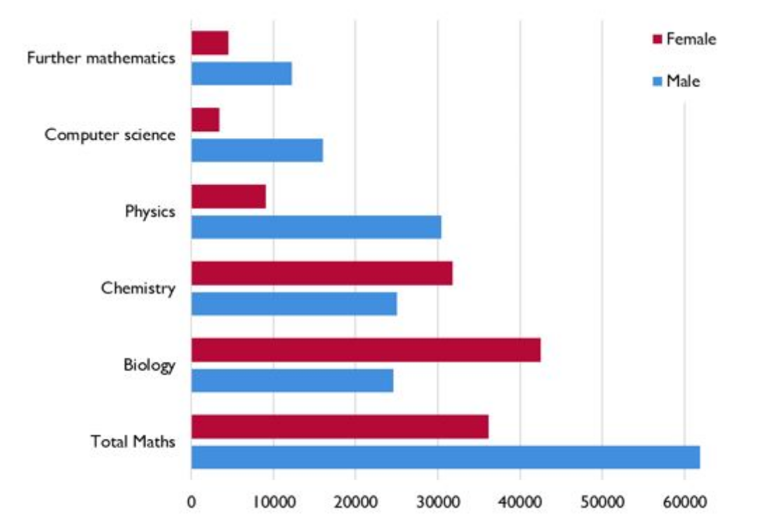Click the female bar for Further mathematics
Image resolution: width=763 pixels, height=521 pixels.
[210, 43]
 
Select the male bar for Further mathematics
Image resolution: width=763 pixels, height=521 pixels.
[241, 74]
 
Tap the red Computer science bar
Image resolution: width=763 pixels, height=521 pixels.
[205, 120]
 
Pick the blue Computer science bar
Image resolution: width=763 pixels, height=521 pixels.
[257, 150]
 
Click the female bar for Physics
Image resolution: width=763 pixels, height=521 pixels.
[228, 196]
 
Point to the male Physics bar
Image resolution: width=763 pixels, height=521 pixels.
[316, 226]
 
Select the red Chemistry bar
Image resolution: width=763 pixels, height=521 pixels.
[321, 273]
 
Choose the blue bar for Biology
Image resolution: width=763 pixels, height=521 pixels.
[292, 380]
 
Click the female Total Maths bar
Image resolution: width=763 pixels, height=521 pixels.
[340, 426]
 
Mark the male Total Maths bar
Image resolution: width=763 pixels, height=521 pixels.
[445, 456]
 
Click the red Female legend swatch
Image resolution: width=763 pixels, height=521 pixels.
[658, 39]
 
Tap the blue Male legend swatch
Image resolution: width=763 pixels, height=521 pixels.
[658, 81]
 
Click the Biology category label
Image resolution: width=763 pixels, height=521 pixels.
[149, 365]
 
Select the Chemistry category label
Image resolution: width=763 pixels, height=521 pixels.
[138, 288]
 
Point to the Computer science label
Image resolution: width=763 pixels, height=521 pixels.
[110, 135]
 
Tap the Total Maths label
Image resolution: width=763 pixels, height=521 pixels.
[133, 442]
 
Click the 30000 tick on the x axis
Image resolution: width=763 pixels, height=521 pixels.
[437, 501]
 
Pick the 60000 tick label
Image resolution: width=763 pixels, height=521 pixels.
[684, 501]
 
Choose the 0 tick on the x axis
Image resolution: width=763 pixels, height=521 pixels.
[191, 501]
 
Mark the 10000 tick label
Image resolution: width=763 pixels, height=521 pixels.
[273, 501]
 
